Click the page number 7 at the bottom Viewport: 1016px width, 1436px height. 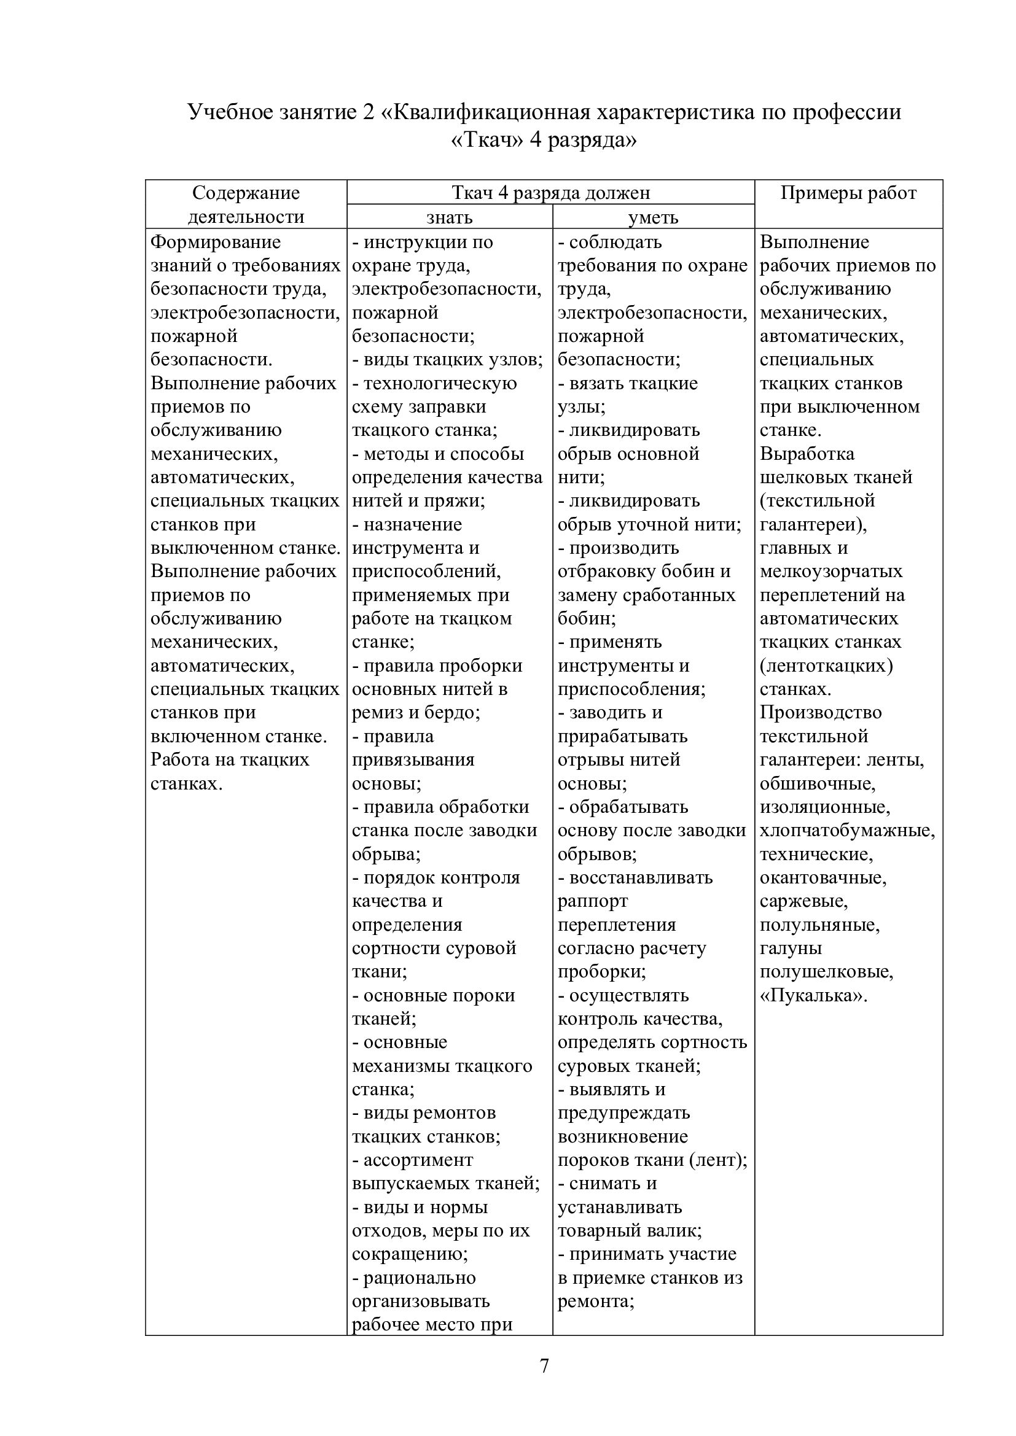pos(544,1366)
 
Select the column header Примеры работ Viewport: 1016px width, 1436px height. pos(848,193)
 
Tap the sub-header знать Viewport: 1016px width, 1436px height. pos(449,217)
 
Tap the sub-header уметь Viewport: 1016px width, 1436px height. pos(653,217)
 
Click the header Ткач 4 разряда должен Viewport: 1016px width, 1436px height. pos(550,193)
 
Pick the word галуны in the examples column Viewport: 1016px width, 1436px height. pos(791,948)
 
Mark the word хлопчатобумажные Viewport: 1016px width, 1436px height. pos(846,831)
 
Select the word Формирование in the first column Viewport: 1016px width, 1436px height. pos(215,242)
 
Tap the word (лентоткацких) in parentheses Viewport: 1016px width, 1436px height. pos(826,666)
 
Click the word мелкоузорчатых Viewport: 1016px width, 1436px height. pos(831,571)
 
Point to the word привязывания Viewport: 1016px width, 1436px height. pos(413,760)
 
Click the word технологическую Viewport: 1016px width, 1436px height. pos(440,382)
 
